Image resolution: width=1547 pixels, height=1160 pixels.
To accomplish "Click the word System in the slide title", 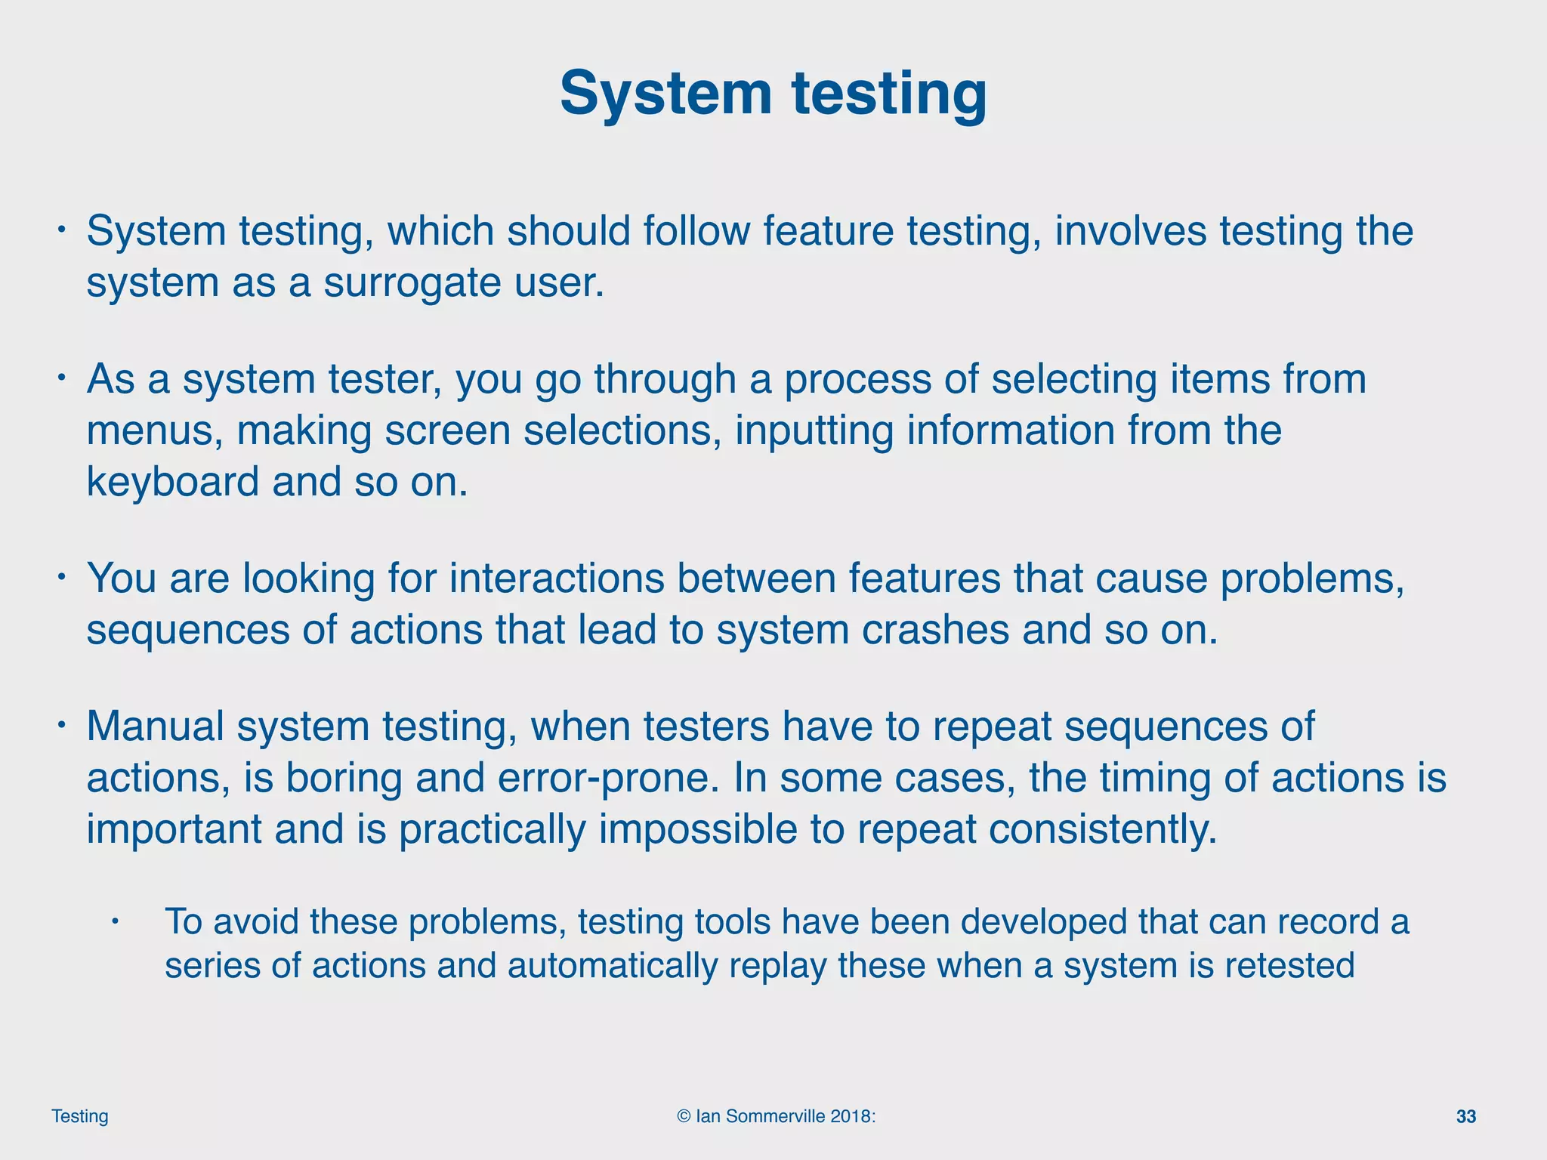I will (x=665, y=94).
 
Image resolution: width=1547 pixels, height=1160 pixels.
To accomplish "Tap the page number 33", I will (x=1465, y=1117).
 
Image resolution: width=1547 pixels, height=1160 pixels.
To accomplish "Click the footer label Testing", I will (x=80, y=1116).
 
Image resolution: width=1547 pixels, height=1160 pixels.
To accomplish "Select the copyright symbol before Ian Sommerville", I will (x=684, y=1116).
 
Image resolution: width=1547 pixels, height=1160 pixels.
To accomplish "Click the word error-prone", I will (x=608, y=778).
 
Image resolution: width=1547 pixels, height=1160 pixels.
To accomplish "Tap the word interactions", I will (x=557, y=578).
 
